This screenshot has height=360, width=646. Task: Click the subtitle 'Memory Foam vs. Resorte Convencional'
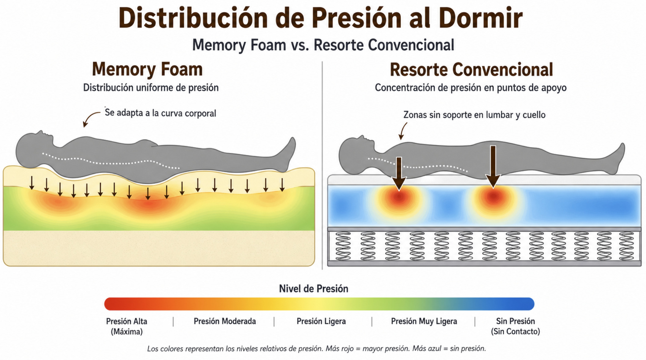[323, 45]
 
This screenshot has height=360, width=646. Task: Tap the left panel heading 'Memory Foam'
[147, 69]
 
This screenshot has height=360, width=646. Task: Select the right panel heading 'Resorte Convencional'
[471, 70]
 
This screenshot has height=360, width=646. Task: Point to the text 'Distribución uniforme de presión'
[151, 88]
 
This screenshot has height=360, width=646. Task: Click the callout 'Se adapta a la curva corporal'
[160, 113]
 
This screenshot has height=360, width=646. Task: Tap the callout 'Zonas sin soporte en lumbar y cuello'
[474, 115]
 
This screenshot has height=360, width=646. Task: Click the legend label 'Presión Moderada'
[225, 321]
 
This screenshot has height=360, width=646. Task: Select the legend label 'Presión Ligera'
[321, 321]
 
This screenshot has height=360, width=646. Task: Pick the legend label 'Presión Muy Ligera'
[424, 321]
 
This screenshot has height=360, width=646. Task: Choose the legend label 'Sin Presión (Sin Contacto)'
[515, 326]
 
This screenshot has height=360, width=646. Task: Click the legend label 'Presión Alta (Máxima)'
[127, 326]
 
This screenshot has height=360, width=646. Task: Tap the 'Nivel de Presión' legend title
[314, 289]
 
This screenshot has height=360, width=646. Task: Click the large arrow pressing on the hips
[493, 167]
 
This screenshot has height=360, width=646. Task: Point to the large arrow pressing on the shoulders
[399, 174]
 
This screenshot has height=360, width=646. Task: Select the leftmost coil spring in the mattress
[343, 246]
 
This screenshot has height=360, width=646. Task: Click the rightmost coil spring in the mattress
[626, 246]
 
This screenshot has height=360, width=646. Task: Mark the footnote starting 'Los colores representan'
[317, 349]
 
